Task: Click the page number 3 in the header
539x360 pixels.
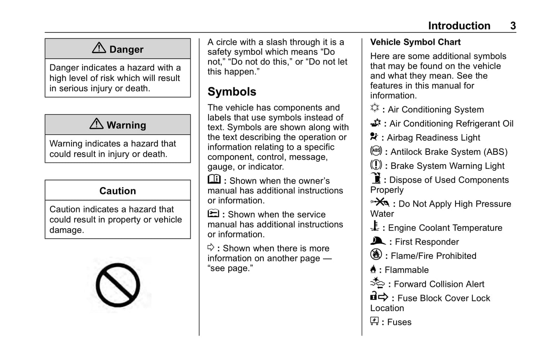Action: (x=513, y=26)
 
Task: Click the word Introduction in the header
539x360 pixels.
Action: (x=459, y=26)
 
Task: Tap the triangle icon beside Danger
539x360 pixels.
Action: (x=99, y=48)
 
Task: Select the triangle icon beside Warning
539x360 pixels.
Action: (x=97, y=123)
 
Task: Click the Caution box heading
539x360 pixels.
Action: (x=117, y=191)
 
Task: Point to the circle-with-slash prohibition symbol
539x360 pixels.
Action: (x=118, y=285)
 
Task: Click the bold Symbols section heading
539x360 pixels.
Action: (x=232, y=92)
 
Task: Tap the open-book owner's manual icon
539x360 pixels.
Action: (x=214, y=179)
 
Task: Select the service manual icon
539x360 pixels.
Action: (x=213, y=213)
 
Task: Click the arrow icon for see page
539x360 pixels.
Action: (x=211, y=247)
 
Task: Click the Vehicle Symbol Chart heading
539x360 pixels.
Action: (x=415, y=42)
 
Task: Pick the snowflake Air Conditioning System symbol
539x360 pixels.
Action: (x=375, y=108)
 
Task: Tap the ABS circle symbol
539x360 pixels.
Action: (x=376, y=151)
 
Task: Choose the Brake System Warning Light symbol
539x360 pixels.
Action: (x=376, y=165)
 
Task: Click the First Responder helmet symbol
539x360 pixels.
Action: (x=377, y=241)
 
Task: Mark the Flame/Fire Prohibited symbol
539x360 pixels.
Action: (x=376, y=254)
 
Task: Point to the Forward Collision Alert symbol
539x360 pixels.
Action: (x=377, y=283)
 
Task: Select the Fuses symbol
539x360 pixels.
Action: (x=374, y=321)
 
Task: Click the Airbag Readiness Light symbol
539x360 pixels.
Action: (x=374, y=137)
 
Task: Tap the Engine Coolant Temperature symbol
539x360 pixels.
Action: (x=375, y=226)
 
